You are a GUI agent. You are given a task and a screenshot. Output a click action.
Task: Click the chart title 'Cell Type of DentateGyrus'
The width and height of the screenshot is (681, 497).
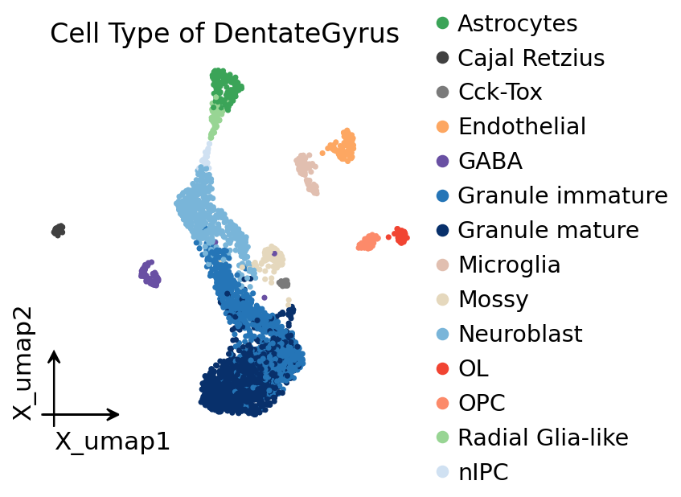(224, 34)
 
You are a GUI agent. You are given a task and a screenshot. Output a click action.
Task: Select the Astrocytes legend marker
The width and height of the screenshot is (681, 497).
(442, 23)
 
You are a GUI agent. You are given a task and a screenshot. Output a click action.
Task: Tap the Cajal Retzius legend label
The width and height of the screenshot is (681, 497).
(531, 58)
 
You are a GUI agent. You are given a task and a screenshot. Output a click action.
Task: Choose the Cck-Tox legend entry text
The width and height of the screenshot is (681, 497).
(500, 92)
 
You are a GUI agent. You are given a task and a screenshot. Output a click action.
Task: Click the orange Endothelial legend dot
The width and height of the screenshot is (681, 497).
(442, 126)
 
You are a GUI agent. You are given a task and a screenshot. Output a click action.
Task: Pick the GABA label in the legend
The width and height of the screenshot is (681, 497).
(490, 161)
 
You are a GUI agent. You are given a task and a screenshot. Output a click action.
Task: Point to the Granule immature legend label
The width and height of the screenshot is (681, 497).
(563, 195)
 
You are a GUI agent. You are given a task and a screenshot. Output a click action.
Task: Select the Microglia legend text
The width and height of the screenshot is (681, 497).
(510, 265)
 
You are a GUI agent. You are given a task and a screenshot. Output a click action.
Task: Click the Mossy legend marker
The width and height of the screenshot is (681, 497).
(442, 299)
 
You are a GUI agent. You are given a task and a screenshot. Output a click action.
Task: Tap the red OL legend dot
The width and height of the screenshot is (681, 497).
(442, 368)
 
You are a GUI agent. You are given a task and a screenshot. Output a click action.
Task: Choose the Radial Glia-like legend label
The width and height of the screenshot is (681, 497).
(544, 437)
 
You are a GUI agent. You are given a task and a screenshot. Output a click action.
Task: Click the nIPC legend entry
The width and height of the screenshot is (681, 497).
(483, 472)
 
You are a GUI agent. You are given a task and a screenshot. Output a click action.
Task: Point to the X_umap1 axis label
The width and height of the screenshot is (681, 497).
(113, 442)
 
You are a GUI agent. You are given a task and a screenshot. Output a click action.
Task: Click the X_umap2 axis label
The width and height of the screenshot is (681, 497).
(23, 364)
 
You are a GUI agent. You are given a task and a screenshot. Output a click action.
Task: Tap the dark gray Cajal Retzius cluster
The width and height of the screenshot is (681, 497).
(58, 230)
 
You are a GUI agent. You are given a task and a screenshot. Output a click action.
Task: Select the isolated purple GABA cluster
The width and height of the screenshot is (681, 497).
(150, 274)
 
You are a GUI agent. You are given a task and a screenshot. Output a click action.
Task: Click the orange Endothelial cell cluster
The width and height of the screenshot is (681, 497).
(343, 146)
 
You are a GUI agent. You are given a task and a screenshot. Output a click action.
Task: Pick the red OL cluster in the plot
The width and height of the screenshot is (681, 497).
(400, 236)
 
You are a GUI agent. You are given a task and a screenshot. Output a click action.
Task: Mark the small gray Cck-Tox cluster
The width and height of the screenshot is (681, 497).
(284, 283)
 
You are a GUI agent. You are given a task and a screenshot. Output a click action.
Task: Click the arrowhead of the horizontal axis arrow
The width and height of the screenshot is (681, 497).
(114, 414)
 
